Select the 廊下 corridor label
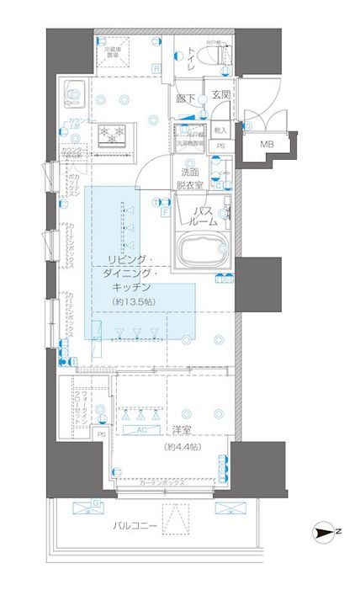tap(186, 98)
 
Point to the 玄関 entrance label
tap(220, 96)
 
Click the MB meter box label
tap(267, 145)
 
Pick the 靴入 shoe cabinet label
tap(220, 131)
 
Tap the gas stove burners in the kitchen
tap(111, 133)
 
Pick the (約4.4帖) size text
tap(182, 446)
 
